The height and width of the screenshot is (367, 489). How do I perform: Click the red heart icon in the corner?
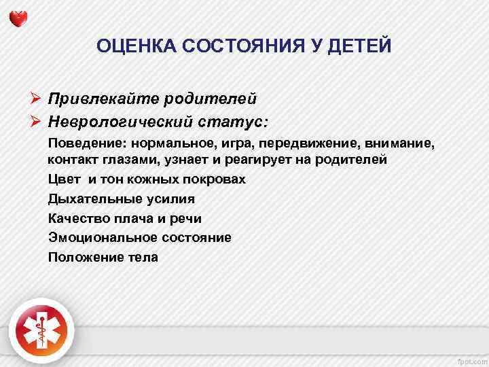20,19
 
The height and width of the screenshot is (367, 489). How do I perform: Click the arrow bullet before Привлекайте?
37,99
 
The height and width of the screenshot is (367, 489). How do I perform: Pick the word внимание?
399,144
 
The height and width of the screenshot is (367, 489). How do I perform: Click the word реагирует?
250,160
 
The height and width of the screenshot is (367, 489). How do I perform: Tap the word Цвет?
62,180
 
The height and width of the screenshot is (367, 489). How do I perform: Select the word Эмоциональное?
103,238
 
